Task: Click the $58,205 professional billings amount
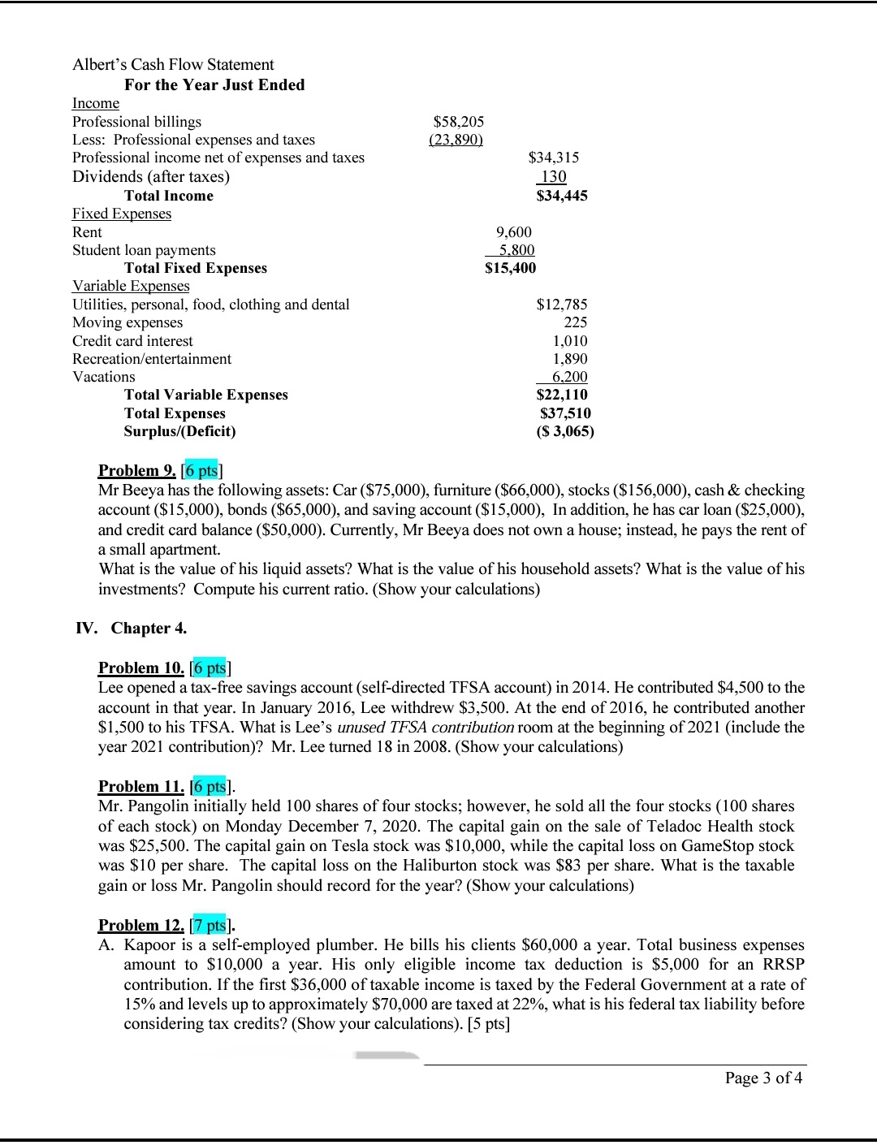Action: [x=459, y=122]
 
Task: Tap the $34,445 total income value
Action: [x=562, y=196]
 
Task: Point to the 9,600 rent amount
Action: [x=513, y=232]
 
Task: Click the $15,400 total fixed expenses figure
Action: [x=510, y=268]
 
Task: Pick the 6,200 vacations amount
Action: [x=569, y=377]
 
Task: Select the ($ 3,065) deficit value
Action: [x=565, y=431]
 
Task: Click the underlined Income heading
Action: [x=96, y=103]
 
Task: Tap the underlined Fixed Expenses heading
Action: [x=122, y=214]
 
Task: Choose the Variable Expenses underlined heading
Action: [x=131, y=286]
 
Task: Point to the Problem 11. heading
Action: [x=140, y=786]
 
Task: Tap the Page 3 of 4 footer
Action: [x=763, y=1078]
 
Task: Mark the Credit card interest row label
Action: [x=132, y=341]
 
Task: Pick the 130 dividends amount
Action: [x=553, y=177]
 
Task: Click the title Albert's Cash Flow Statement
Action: [x=173, y=64]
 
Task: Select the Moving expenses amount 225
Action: [x=576, y=322]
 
